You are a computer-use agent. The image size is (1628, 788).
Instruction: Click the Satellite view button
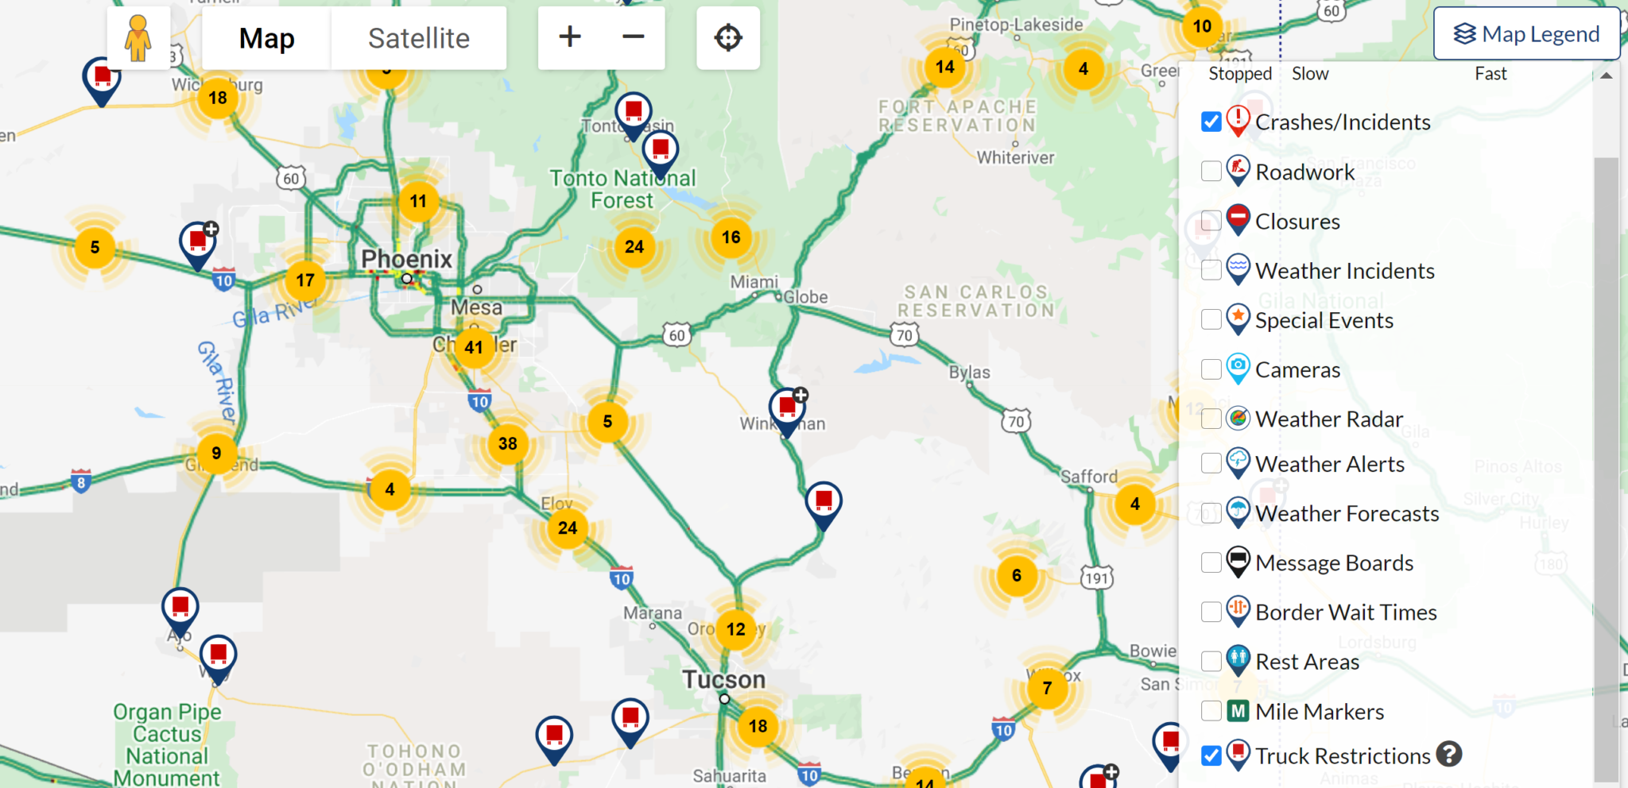(x=418, y=38)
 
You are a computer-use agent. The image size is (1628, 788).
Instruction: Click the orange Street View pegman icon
(x=138, y=38)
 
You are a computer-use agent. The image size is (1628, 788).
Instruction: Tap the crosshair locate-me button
(x=728, y=38)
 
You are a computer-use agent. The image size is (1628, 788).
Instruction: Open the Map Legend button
(x=1526, y=34)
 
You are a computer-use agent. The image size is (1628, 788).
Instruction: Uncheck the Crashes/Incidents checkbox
(x=1211, y=122)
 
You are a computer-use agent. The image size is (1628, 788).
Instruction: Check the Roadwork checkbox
(x=1211, y=171)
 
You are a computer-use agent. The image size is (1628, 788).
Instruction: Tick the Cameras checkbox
(x=1211, y=369)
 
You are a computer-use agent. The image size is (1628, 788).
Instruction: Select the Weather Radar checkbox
(x=1211, y=419)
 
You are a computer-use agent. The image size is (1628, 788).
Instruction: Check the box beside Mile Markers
(x=1211, y=711)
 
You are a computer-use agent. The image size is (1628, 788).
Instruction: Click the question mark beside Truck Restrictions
(x=1449, y=754)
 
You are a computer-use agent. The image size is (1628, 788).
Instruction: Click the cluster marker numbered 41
(x=474, y=347)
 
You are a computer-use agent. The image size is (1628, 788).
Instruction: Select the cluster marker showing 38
(x=508, y=443)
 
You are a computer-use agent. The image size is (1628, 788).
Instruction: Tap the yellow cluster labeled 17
(x=305, y=280)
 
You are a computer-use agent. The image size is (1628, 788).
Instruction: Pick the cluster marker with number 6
(x=1017, y=575)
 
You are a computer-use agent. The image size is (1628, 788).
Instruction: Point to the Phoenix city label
(x=406, y=259)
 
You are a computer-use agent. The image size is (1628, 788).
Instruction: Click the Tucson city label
(x=723, y=680)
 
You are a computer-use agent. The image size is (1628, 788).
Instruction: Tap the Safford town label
(x=1089, y=477)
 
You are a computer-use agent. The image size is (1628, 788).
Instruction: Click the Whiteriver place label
(x=1015, y=157)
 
